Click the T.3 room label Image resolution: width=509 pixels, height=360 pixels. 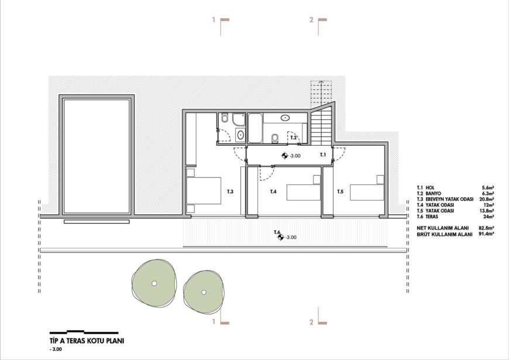[x=230, y=191]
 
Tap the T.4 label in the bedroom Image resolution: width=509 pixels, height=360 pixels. [x=273, y=191]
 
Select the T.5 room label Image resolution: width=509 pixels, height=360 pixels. [x=340, y=191]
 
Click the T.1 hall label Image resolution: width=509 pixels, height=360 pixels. [x=323, y=155]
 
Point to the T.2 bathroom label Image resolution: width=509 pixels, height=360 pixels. [x=294, y=138]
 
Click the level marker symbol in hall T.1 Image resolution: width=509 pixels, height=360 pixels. [x=285, y=156]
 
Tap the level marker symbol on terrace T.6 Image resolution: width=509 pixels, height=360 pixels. [x=281, y=238]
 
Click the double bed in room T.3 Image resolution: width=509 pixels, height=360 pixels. [x=204, y=191]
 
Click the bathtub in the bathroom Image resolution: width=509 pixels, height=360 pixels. [x=255, y=128]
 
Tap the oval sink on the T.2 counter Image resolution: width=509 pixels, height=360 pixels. [x=286, y=118]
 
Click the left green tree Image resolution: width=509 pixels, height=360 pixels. [x=154, y=283]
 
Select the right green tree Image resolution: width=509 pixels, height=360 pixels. [x=204, y=292]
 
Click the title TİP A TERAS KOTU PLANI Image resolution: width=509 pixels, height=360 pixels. [x=87, y=341]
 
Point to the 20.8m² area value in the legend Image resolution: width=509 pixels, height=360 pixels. [x=487, y=199]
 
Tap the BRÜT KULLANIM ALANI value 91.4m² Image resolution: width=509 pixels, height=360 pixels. [x=486, y=234]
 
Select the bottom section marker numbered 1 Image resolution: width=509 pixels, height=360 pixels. [x=221, y=317]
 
